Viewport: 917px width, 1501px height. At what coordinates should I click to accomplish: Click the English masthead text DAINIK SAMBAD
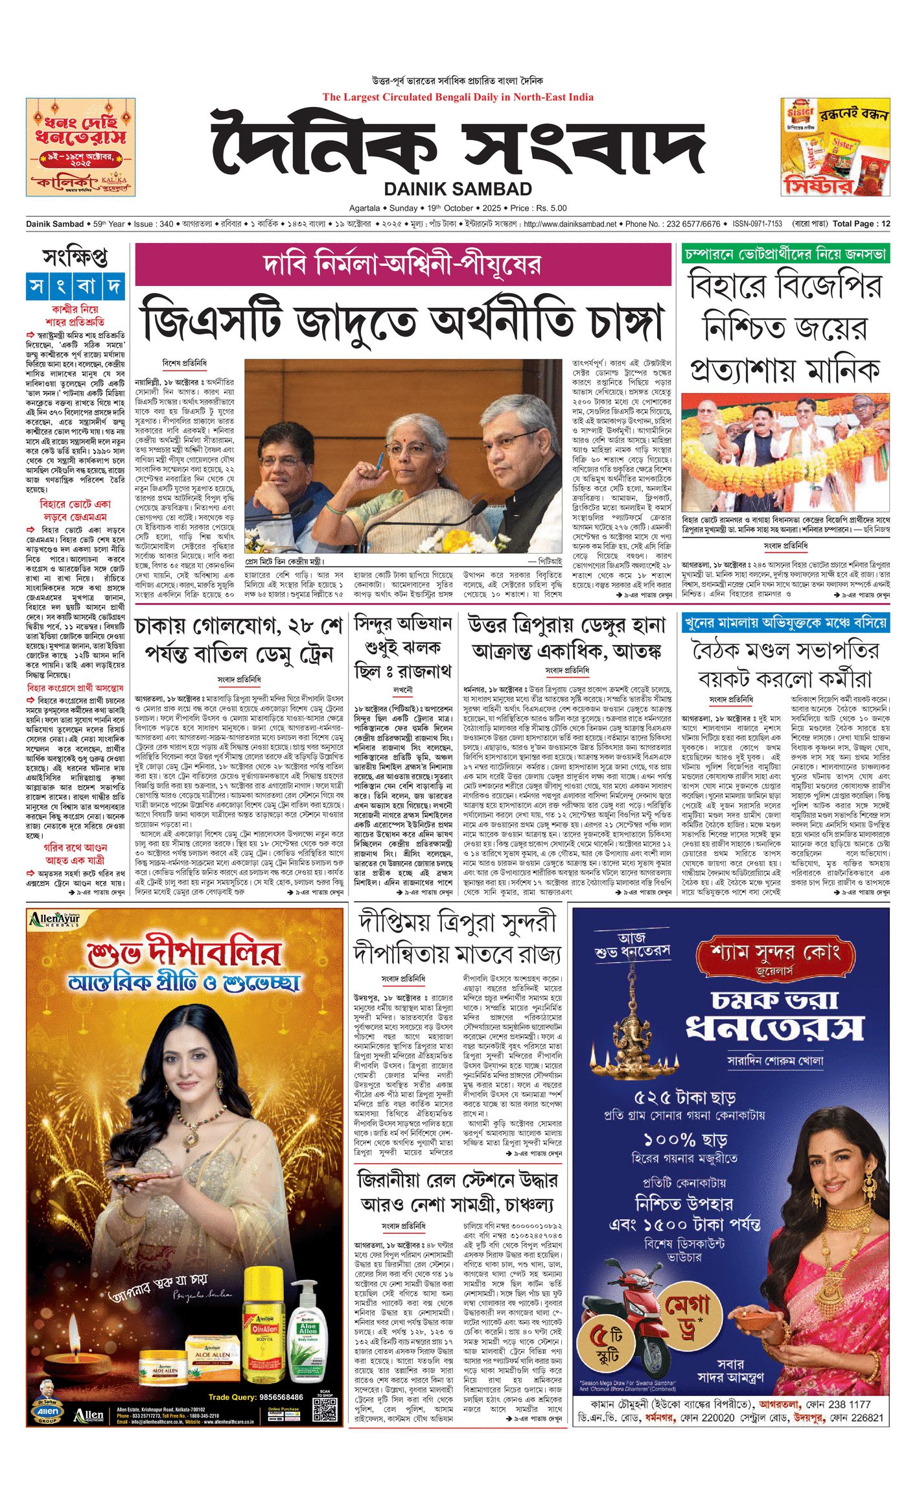(458, 189)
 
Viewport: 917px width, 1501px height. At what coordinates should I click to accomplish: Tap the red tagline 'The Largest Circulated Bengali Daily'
(458, 97)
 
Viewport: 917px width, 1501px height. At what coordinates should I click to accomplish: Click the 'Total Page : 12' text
(861, 224)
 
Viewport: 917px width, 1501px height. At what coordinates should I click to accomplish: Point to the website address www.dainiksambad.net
(570, 224)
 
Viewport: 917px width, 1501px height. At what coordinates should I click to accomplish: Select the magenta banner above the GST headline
(402, 265)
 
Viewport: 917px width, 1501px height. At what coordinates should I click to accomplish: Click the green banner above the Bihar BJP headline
(785, 254)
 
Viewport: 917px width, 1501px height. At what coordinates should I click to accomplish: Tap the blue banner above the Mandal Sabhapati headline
(785, 623)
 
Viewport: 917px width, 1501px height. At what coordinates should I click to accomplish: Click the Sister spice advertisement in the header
(835, 147)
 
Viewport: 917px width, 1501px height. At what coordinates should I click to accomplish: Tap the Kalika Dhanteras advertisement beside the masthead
(80, 147)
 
